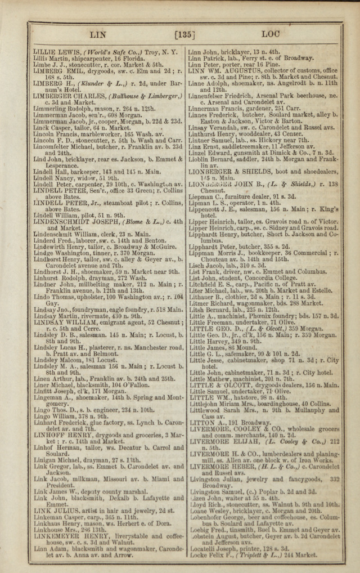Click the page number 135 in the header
pos(184,35)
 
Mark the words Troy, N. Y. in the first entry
pos(162,52)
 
